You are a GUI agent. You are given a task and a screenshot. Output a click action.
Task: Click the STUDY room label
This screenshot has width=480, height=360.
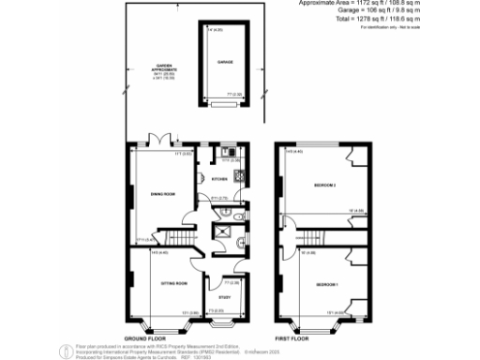click(225, 297)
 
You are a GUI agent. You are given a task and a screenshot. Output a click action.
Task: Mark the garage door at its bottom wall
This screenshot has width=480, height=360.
click(226, 105)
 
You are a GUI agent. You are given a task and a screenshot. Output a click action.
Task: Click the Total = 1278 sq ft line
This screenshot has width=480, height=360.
click(407, 20)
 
